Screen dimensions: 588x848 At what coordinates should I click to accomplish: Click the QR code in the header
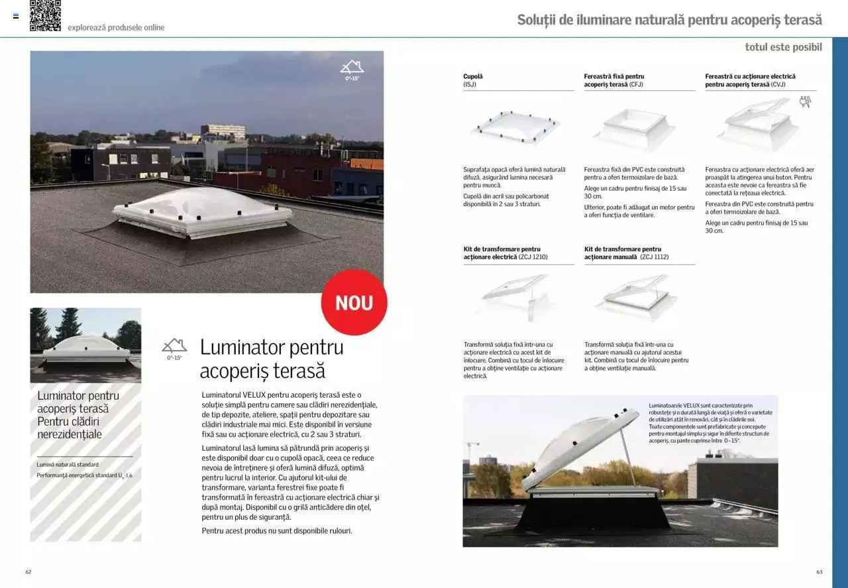tap(45, 15)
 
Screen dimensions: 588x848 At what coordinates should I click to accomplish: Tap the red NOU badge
tap(354, 302)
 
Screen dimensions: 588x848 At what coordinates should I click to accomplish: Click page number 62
tap(28, 571)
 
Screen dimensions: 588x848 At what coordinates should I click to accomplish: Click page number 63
tap(820, 571)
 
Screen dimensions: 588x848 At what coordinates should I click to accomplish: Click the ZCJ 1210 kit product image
tap(515, 297)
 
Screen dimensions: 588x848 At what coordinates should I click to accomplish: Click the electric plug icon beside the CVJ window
tap(805, 101)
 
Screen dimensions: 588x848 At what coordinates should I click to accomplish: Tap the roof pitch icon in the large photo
tap(352, 69)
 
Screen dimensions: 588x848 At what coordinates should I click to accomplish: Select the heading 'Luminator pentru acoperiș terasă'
tap(272, 359)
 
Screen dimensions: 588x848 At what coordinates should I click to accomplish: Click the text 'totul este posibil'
tap(783, 47)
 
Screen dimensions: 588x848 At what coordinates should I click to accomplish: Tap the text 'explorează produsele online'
tap(116, 28)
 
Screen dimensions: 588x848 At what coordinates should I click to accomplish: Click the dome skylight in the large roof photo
tap(202, 212)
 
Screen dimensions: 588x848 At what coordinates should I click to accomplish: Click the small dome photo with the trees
tap(85, 345)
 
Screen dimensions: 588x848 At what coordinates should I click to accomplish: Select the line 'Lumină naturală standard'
tap(68, 465)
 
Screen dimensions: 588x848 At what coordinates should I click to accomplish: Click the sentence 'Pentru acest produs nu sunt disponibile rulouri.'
tap(277, 531)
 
